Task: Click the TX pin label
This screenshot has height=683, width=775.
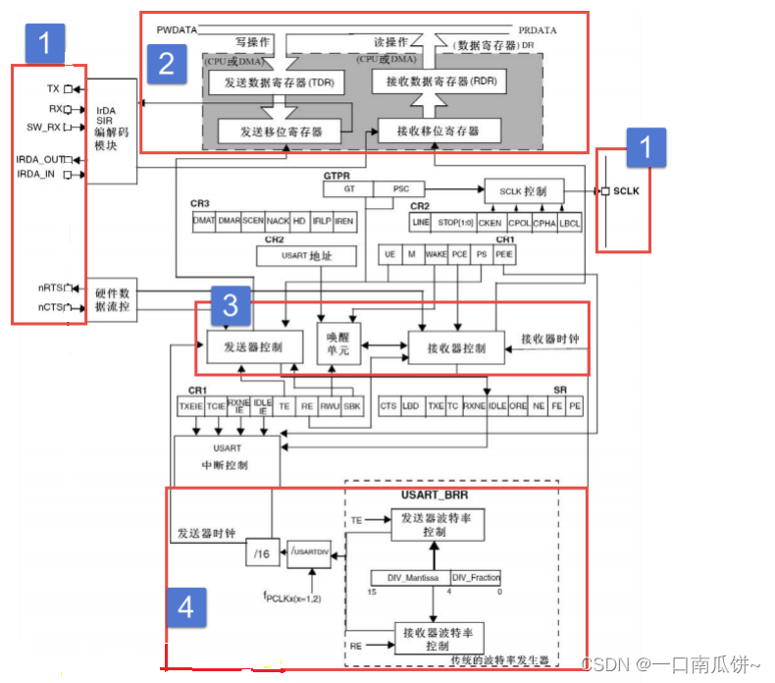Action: tap(53, 88)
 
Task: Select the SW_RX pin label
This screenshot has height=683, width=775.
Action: tap(43, 127)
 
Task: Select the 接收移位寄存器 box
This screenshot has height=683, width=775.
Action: tap(439, 131)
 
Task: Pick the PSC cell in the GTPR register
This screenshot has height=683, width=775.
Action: tap(401, 187)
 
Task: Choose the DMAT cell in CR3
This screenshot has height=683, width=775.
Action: tap(204, 222)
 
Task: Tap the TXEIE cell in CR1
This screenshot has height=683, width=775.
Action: tap(189, 404)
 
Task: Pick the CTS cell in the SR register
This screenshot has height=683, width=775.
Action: tap(389, 404)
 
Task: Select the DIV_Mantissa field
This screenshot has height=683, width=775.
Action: tap(409, 577)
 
